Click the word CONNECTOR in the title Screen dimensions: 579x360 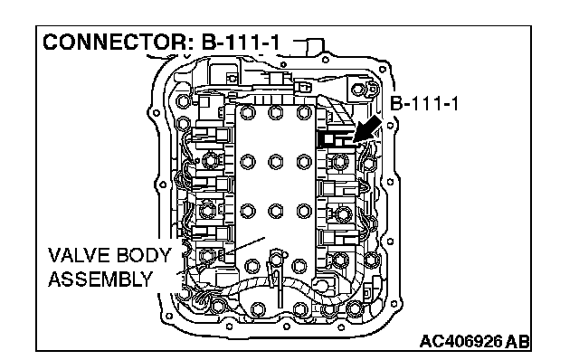point(115,43)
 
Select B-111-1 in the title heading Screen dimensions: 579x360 point(241,43)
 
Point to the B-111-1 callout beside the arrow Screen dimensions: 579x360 point(424,103)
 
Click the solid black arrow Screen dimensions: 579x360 point(366,129)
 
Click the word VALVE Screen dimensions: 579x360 point(79,255)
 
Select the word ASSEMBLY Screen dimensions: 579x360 point(100,279)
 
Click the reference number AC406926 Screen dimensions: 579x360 point(461,341)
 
